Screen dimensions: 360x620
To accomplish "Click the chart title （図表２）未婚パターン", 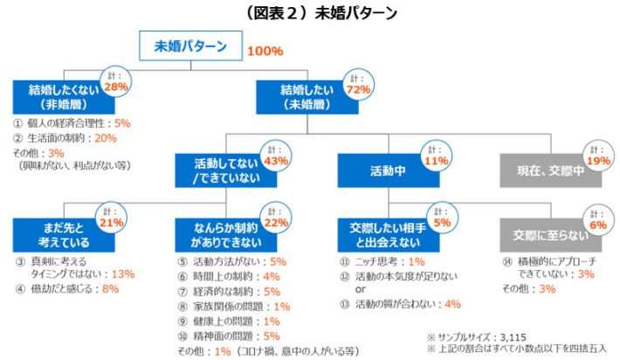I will [310, 13].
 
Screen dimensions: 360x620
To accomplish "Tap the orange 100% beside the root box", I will [265, 51].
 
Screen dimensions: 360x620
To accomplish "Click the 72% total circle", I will [360, 85].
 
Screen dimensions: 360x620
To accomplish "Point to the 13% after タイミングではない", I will [122, 273].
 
